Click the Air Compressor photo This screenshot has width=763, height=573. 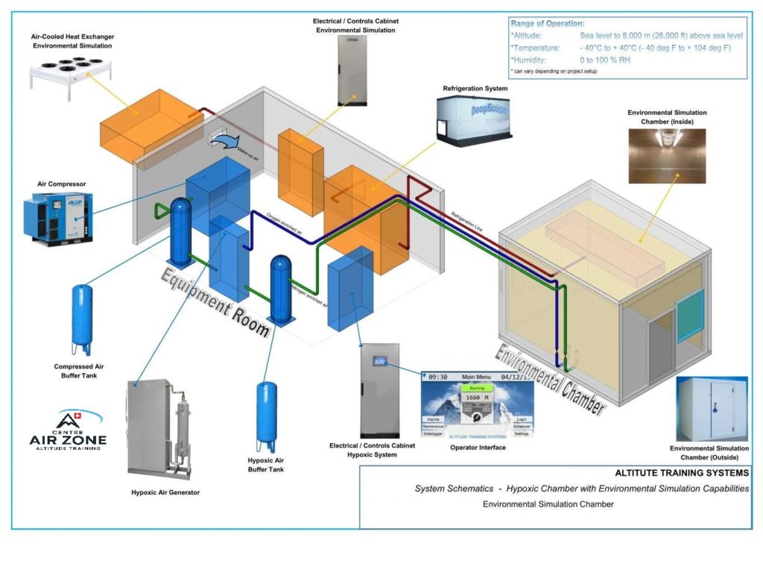51,216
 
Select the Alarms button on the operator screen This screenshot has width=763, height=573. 433,420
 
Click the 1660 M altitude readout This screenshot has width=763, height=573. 476,398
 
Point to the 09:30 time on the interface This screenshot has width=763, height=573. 437,377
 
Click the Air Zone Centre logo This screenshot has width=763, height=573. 69,430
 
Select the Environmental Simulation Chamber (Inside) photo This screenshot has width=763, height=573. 667,155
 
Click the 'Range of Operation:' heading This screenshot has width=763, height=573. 547,24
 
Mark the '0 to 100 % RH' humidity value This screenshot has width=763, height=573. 604,60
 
